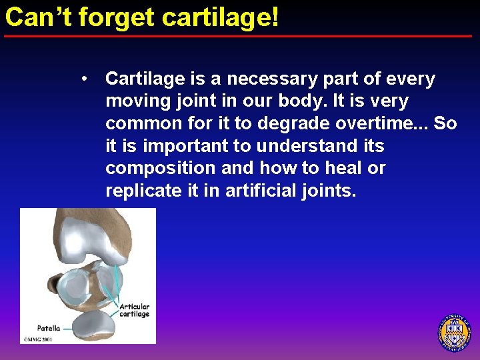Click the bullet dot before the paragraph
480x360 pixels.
(85, 79)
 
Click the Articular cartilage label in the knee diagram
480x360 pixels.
(134, 311)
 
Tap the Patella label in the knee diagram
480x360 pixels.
(49, 328)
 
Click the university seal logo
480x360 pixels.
(453, 332)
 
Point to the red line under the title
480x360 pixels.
(240, 36)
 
